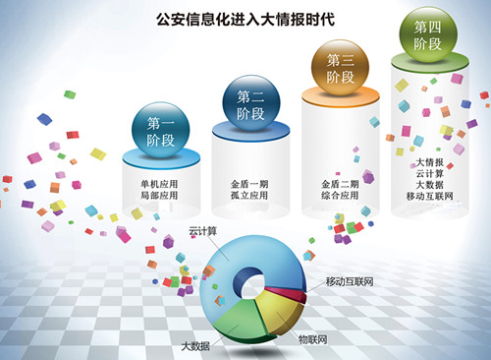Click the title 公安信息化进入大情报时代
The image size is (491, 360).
click(x=245, y=18)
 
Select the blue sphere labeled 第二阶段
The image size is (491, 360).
click(x=252, y=102)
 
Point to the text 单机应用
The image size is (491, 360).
click(x=161, y=184)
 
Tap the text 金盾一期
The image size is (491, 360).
click(x=251, y=184)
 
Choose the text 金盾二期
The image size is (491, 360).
click(x=341, y=184)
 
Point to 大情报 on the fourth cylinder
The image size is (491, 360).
click(x=431, y=161)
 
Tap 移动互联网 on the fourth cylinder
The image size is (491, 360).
click(x=431, y=197)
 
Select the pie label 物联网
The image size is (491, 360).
click(x=314, y=338)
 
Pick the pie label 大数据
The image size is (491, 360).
click(x=195, y=346)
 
